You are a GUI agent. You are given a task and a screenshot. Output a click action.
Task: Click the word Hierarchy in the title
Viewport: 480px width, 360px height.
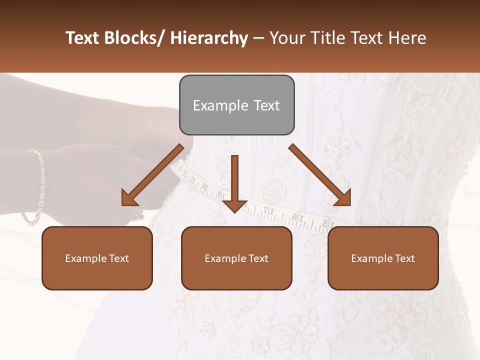209,38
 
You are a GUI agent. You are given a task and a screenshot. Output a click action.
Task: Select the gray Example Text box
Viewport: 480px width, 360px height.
236,105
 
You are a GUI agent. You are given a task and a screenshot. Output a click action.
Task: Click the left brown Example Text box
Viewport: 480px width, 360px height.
97,258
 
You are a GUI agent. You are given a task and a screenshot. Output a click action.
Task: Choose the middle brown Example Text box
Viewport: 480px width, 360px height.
236,258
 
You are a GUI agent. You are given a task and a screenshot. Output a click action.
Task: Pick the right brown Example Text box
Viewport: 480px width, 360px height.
383,258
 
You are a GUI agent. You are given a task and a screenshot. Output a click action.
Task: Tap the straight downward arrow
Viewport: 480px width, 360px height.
235,182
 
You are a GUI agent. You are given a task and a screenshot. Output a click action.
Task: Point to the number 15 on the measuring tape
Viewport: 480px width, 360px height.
325,223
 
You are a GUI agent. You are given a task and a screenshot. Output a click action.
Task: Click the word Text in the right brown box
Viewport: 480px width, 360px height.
403,258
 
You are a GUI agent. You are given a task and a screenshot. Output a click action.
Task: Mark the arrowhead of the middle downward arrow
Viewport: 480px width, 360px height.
235,205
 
